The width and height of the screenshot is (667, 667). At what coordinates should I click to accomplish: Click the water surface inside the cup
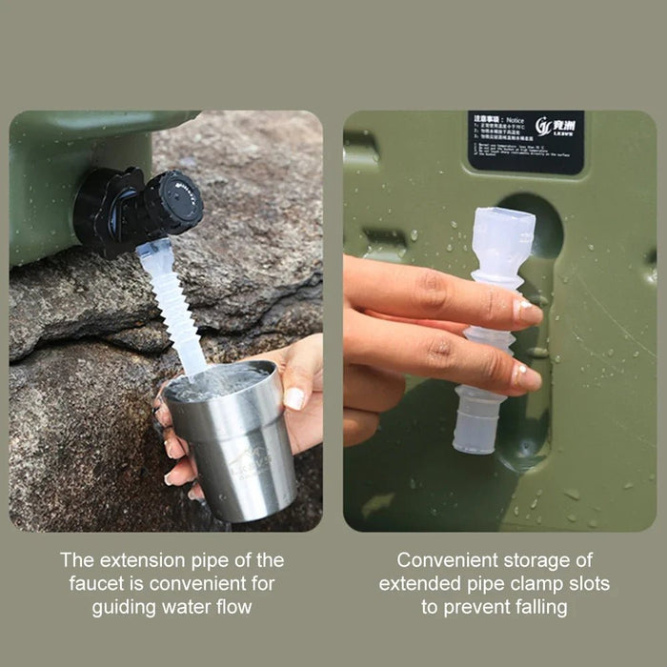[217, 382]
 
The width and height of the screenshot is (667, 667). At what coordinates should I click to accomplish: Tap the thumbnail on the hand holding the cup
[294, 397]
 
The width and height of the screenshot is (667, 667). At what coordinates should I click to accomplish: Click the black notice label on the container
[525, 142]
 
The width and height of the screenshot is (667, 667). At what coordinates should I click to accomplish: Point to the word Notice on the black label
[515, 119]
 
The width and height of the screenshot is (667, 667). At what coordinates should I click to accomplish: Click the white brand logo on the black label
[557, 125]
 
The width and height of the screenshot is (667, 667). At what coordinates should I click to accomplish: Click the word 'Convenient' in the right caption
[447, 560]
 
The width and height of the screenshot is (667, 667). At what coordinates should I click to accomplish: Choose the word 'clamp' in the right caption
[528, 583]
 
